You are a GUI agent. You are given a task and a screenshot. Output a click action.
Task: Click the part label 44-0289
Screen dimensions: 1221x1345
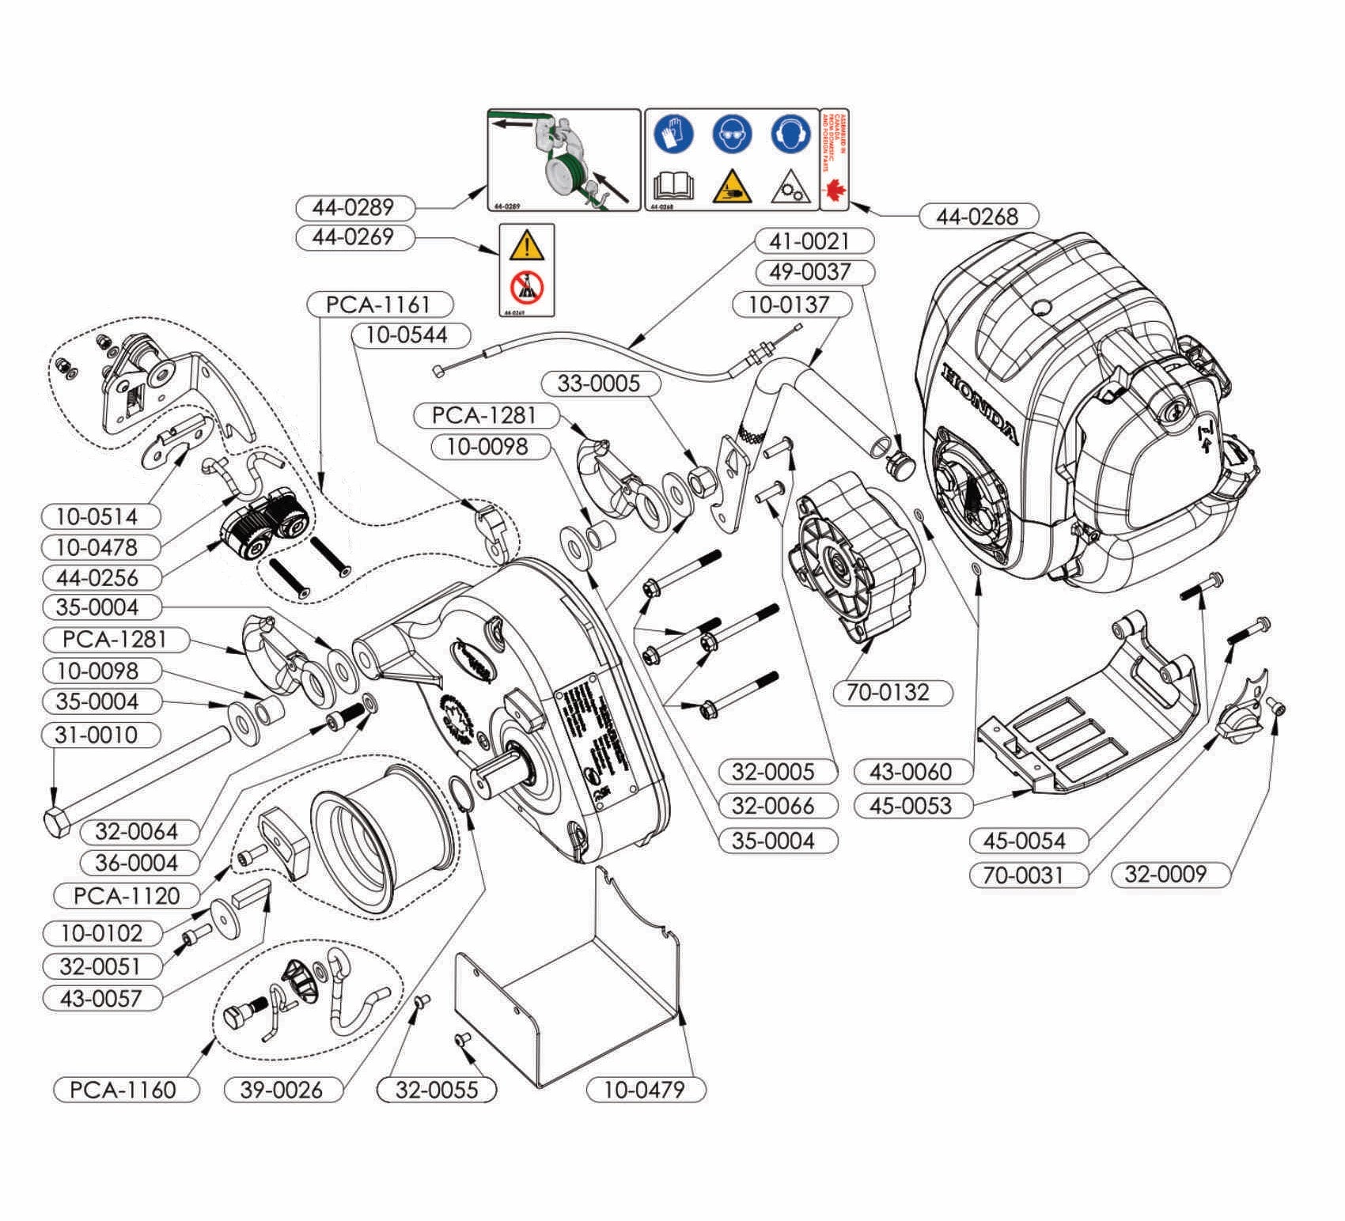coord(354,208)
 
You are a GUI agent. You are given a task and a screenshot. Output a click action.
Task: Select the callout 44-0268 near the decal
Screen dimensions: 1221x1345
coord(979,216)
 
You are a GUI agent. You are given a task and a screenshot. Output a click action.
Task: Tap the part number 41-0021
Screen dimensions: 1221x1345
coord(814,241)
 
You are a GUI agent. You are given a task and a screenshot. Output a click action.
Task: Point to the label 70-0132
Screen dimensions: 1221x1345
coord(892,692)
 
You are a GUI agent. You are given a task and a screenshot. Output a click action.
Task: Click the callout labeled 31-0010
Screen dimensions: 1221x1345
coord(100,735)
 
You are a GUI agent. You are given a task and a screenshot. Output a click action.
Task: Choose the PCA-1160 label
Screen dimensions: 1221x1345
coord(125,1089)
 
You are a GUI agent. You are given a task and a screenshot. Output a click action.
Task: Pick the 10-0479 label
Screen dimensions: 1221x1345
coord(645,1089)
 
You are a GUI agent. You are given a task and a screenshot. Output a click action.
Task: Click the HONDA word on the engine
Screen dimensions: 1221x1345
coord(980,404)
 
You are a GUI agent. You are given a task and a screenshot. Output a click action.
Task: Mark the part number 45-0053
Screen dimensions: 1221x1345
coord(914,806)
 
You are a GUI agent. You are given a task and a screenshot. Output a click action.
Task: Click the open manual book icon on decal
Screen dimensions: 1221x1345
coord(673,187)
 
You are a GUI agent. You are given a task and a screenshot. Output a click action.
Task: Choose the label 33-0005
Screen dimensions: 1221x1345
coord(599,384)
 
